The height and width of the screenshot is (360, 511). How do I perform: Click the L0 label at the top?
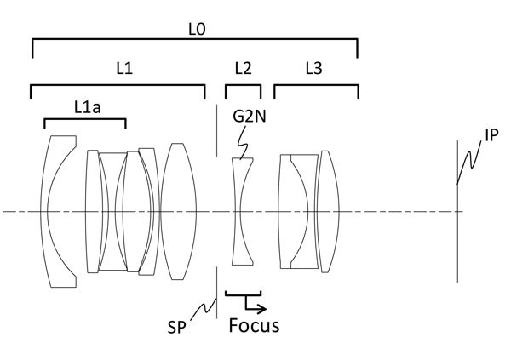[195, 29]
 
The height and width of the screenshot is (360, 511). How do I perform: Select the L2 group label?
[242, 69]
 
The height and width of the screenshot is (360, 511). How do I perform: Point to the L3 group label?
[313, 69]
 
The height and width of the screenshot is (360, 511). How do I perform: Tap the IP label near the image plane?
[491, 134]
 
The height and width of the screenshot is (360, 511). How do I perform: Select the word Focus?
[255, 325]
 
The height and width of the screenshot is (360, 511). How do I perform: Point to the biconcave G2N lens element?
[243, 213]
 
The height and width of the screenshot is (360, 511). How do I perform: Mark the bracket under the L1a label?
[85, 120]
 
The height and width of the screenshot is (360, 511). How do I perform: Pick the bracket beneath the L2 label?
[243, 86]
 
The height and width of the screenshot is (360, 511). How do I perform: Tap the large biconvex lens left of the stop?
[177, 211]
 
